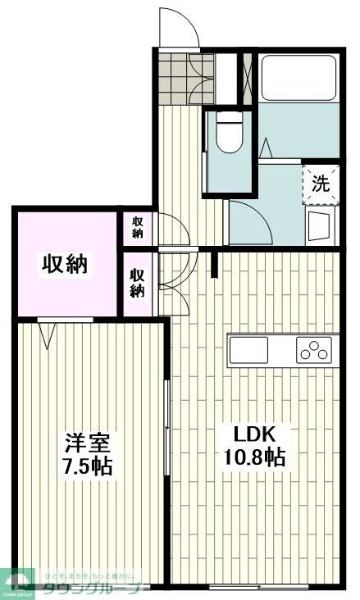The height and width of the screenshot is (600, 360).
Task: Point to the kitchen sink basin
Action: [x=248, y=352]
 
